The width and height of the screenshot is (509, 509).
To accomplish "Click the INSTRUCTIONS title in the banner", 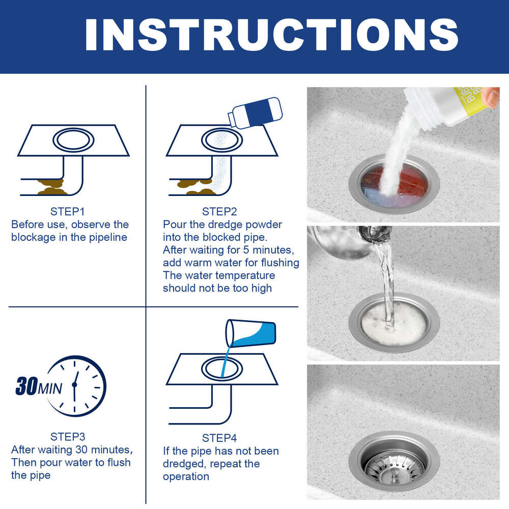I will (x=271, y=35).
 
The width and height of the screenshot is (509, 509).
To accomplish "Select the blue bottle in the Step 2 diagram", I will (x=254, y=112).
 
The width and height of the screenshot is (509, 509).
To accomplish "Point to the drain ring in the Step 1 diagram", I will (x=73, y=139).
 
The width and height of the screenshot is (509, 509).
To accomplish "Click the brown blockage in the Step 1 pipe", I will (x=52, y=187).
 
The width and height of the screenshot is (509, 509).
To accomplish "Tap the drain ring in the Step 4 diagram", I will (x=222, y=367).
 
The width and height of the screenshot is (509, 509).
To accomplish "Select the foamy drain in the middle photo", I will (x=393, y=321).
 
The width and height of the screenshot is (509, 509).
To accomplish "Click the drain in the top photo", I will (x=393, y=184).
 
